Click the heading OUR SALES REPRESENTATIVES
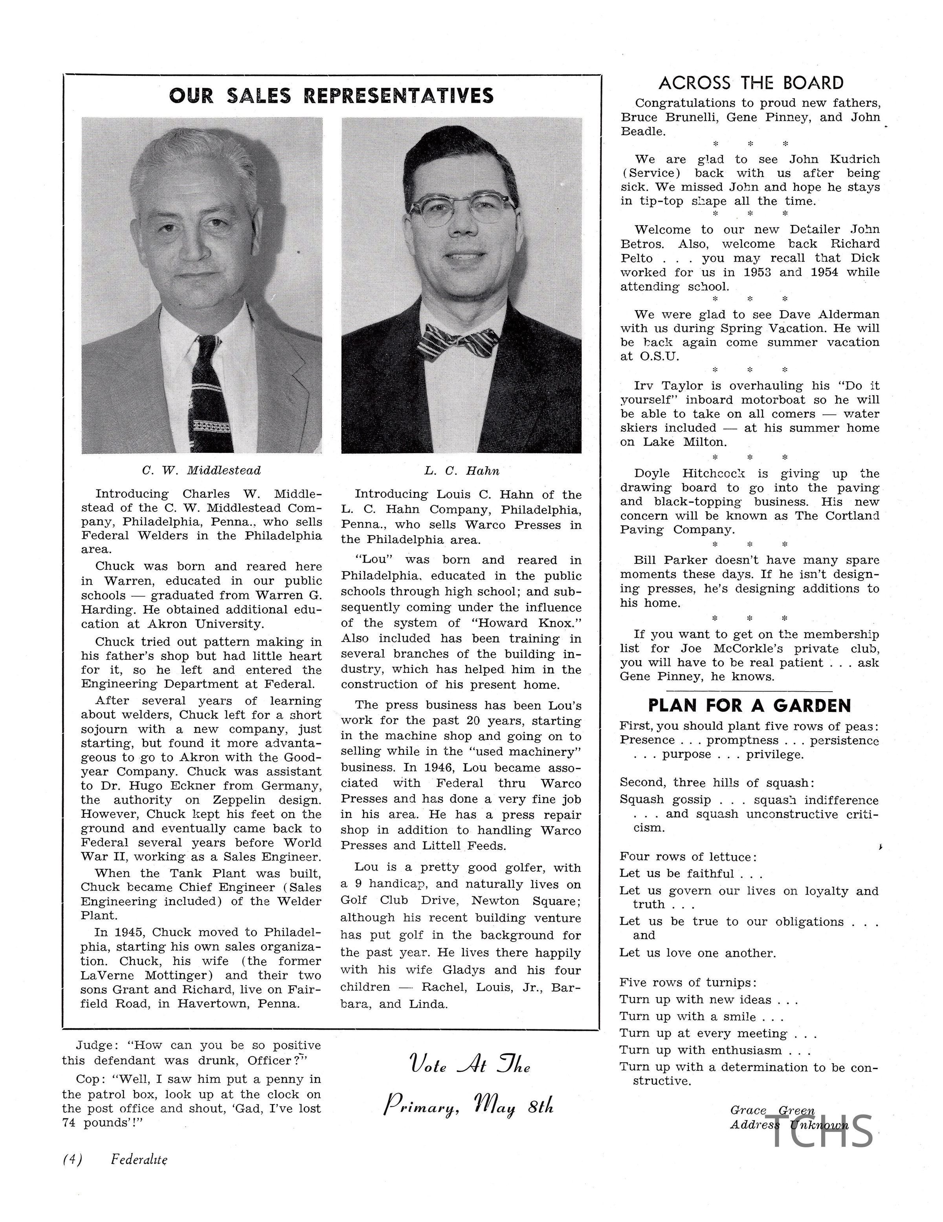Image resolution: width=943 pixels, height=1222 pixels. (x=331, y=96)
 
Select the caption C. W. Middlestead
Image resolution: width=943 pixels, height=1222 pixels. (x=201, y=471)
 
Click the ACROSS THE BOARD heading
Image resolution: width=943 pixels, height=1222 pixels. (x=750, y=83)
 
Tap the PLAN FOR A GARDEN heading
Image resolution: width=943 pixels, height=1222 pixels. (x=749, y=705)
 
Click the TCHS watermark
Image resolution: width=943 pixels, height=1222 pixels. (x=821, y=1131)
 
